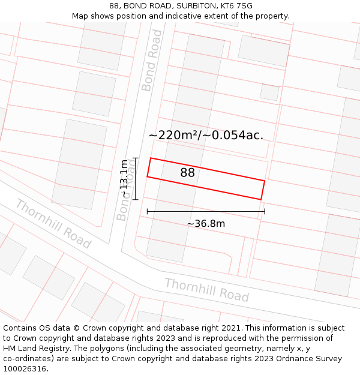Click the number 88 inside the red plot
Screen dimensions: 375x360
(187, 173)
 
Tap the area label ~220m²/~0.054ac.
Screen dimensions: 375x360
(206, 135)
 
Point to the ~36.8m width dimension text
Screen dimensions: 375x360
(206, 224)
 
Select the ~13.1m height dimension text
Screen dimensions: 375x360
(124, 178)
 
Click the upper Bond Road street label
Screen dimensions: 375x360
(152, 60)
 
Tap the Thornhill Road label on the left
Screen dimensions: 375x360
(53, 224)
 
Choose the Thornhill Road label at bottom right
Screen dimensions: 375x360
(206, 290)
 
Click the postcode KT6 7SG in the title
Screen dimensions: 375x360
(236, 6)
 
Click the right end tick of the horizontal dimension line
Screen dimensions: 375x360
(265, 211)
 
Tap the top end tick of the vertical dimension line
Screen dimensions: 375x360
(136, 158)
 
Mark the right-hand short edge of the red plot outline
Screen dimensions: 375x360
(263, 190)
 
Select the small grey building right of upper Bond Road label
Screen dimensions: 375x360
(269, 92)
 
